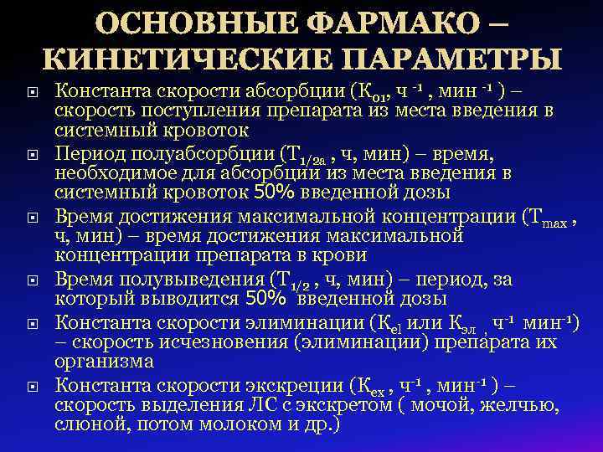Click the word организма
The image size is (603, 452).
[x=104, y=362]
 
